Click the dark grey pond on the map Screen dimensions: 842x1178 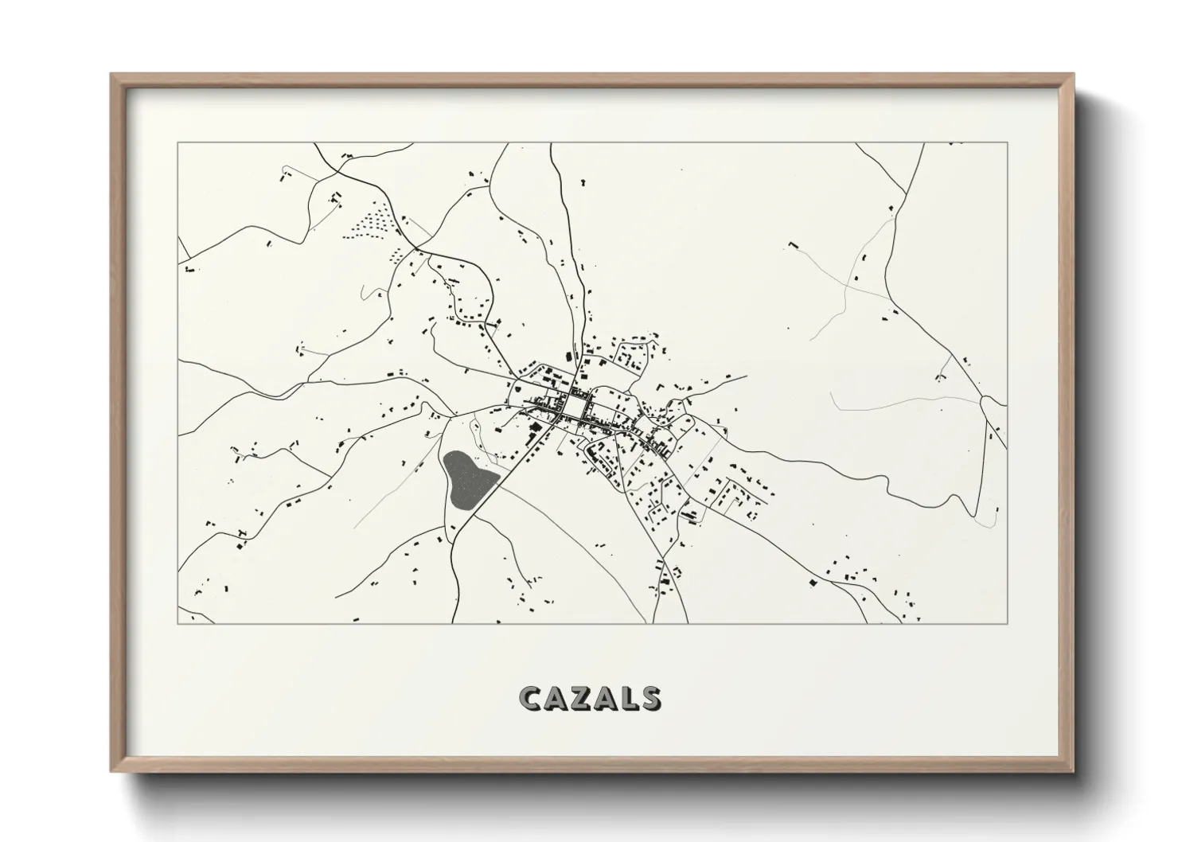[468, 479]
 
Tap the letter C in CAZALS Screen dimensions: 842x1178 [531, 699]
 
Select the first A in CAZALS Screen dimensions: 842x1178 [557, 699]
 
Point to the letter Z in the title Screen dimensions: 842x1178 [582, 699]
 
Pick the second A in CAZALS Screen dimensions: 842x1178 [606, 699]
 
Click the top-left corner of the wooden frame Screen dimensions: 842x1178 [111, 75]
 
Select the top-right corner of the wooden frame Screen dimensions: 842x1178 [1073, 75]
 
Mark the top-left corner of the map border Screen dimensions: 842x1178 [177, 143]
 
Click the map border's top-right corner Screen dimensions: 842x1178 [1008, 143]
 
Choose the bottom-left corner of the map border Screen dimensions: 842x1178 [177, 623]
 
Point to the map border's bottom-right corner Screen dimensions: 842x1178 [1008, 623]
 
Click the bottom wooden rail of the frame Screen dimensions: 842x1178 [592, 768]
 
